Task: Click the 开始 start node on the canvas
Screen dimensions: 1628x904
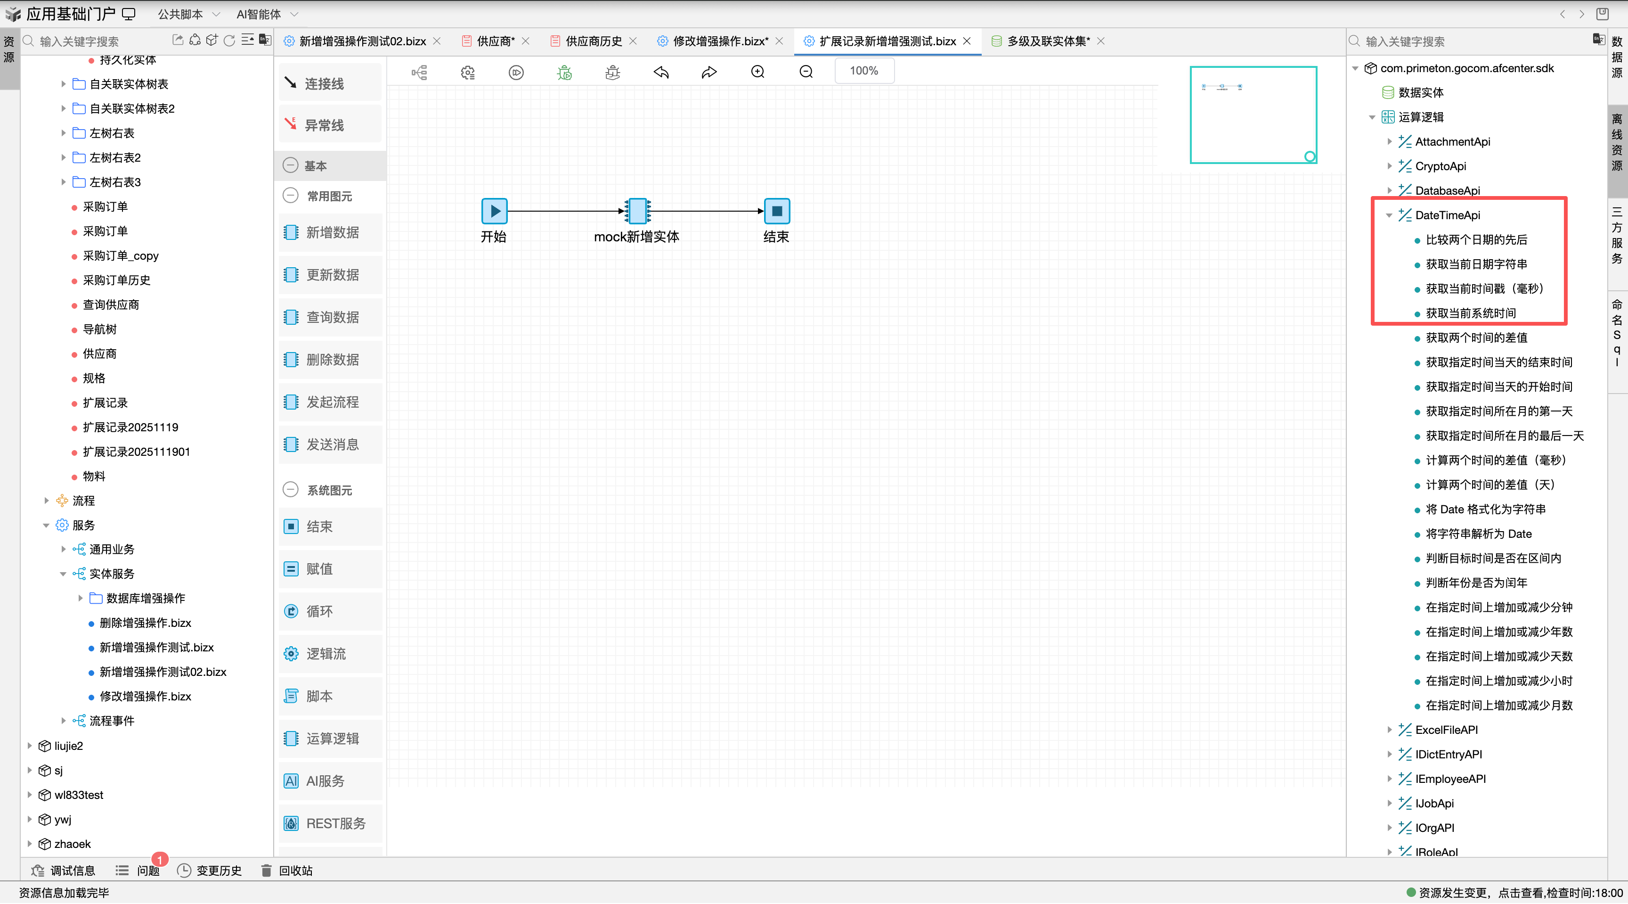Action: click(494, 211)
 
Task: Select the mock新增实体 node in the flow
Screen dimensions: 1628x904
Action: click(638, 211)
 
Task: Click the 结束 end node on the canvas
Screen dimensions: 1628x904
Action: click(777, 211)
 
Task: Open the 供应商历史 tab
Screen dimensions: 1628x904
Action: click(594, 41)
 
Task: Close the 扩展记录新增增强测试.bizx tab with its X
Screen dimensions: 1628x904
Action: click(967, 41)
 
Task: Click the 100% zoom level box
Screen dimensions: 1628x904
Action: click(864, 71)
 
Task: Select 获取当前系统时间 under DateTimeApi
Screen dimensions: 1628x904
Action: click(1470, 313)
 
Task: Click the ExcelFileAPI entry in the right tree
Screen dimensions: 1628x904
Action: click(1446, 730)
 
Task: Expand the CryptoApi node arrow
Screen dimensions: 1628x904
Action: click(1389, 166)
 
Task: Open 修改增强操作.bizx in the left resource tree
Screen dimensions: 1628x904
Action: click(146, 696)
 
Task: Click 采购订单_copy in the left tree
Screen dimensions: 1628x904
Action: click(120, 255)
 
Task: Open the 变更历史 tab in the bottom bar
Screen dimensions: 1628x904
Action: click(209, 871)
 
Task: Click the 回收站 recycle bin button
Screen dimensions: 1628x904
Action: click(287, 871)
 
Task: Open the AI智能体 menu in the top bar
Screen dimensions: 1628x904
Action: click(267, 14)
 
